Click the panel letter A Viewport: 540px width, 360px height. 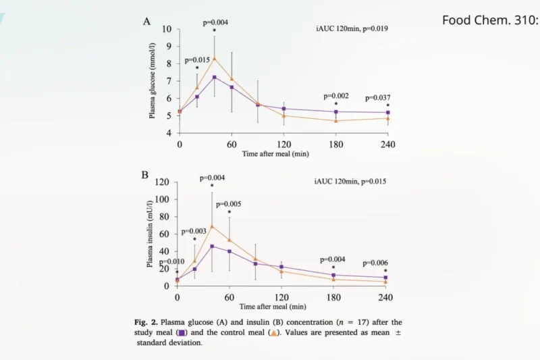click(146, 22)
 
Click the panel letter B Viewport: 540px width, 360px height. click(145, 174)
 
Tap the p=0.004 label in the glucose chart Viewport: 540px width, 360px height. click(215, 22)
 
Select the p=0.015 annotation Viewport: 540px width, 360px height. click(197, 60)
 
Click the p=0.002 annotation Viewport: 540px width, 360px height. click(336, 97)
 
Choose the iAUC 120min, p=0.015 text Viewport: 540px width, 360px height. click(350, 181)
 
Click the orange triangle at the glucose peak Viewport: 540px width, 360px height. click(215, 58)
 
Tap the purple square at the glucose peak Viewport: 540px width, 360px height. click(215, 78)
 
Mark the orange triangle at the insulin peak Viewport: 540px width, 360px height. click(212, 226)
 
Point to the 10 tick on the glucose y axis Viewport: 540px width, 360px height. click(167, 30)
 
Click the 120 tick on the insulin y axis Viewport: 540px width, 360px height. click(163, 182)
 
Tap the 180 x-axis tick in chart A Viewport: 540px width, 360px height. click(335, 145)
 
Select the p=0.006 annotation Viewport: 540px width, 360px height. click(377, 263)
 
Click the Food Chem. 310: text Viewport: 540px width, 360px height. click(490, 20)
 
